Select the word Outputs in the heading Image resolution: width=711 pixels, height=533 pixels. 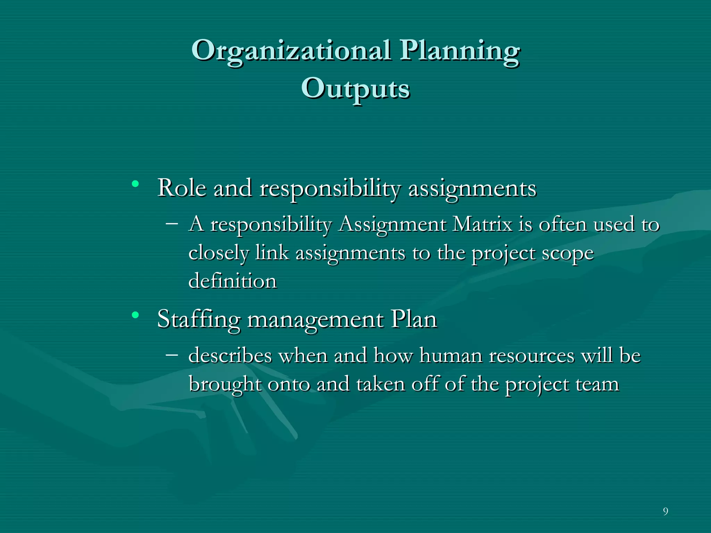tap(355, 89)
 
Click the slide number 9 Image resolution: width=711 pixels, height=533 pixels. tap(665, 511)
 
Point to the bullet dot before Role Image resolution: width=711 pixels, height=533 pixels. tap(135, 184)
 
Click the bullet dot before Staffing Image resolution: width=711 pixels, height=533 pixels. tap(135, 315)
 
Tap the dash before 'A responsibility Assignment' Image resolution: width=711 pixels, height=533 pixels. tap(172, 223)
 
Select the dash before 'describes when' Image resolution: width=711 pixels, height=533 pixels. tap(172, 355)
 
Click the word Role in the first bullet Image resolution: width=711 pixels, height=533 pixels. tap(182, 188)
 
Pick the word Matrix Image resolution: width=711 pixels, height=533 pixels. tap(482, 224)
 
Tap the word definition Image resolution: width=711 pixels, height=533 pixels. tap(232, 281)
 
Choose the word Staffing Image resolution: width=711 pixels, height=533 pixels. tap(199, 320)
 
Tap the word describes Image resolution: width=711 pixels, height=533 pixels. tap(230, 356)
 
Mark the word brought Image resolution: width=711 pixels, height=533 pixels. tap(225, 384)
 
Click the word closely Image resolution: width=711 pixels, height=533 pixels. tap(219, 253)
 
